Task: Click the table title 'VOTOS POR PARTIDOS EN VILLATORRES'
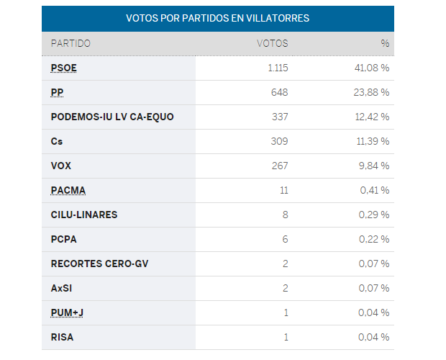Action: pos(217,18)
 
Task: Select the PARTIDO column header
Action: pos(70,43)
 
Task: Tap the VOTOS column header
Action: pos(272,43)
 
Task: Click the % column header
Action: pos(385,43)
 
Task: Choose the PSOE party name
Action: pos(64,68)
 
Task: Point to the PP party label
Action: pos(57,92)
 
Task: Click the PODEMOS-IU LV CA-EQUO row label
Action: pos(112,117)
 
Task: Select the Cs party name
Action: pos(57,141)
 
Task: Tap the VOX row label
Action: pos(61,166)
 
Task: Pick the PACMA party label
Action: pos(68,190)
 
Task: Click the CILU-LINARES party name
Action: pos(84,215)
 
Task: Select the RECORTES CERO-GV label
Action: pos(99,264)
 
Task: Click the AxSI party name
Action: pos(62,288)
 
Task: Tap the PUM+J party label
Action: pos(67,312)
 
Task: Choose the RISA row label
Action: pos(63,337)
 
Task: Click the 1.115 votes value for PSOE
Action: pos(276,68)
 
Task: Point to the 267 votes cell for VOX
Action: pos(279,166)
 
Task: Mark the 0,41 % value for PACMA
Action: pos(375,190)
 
